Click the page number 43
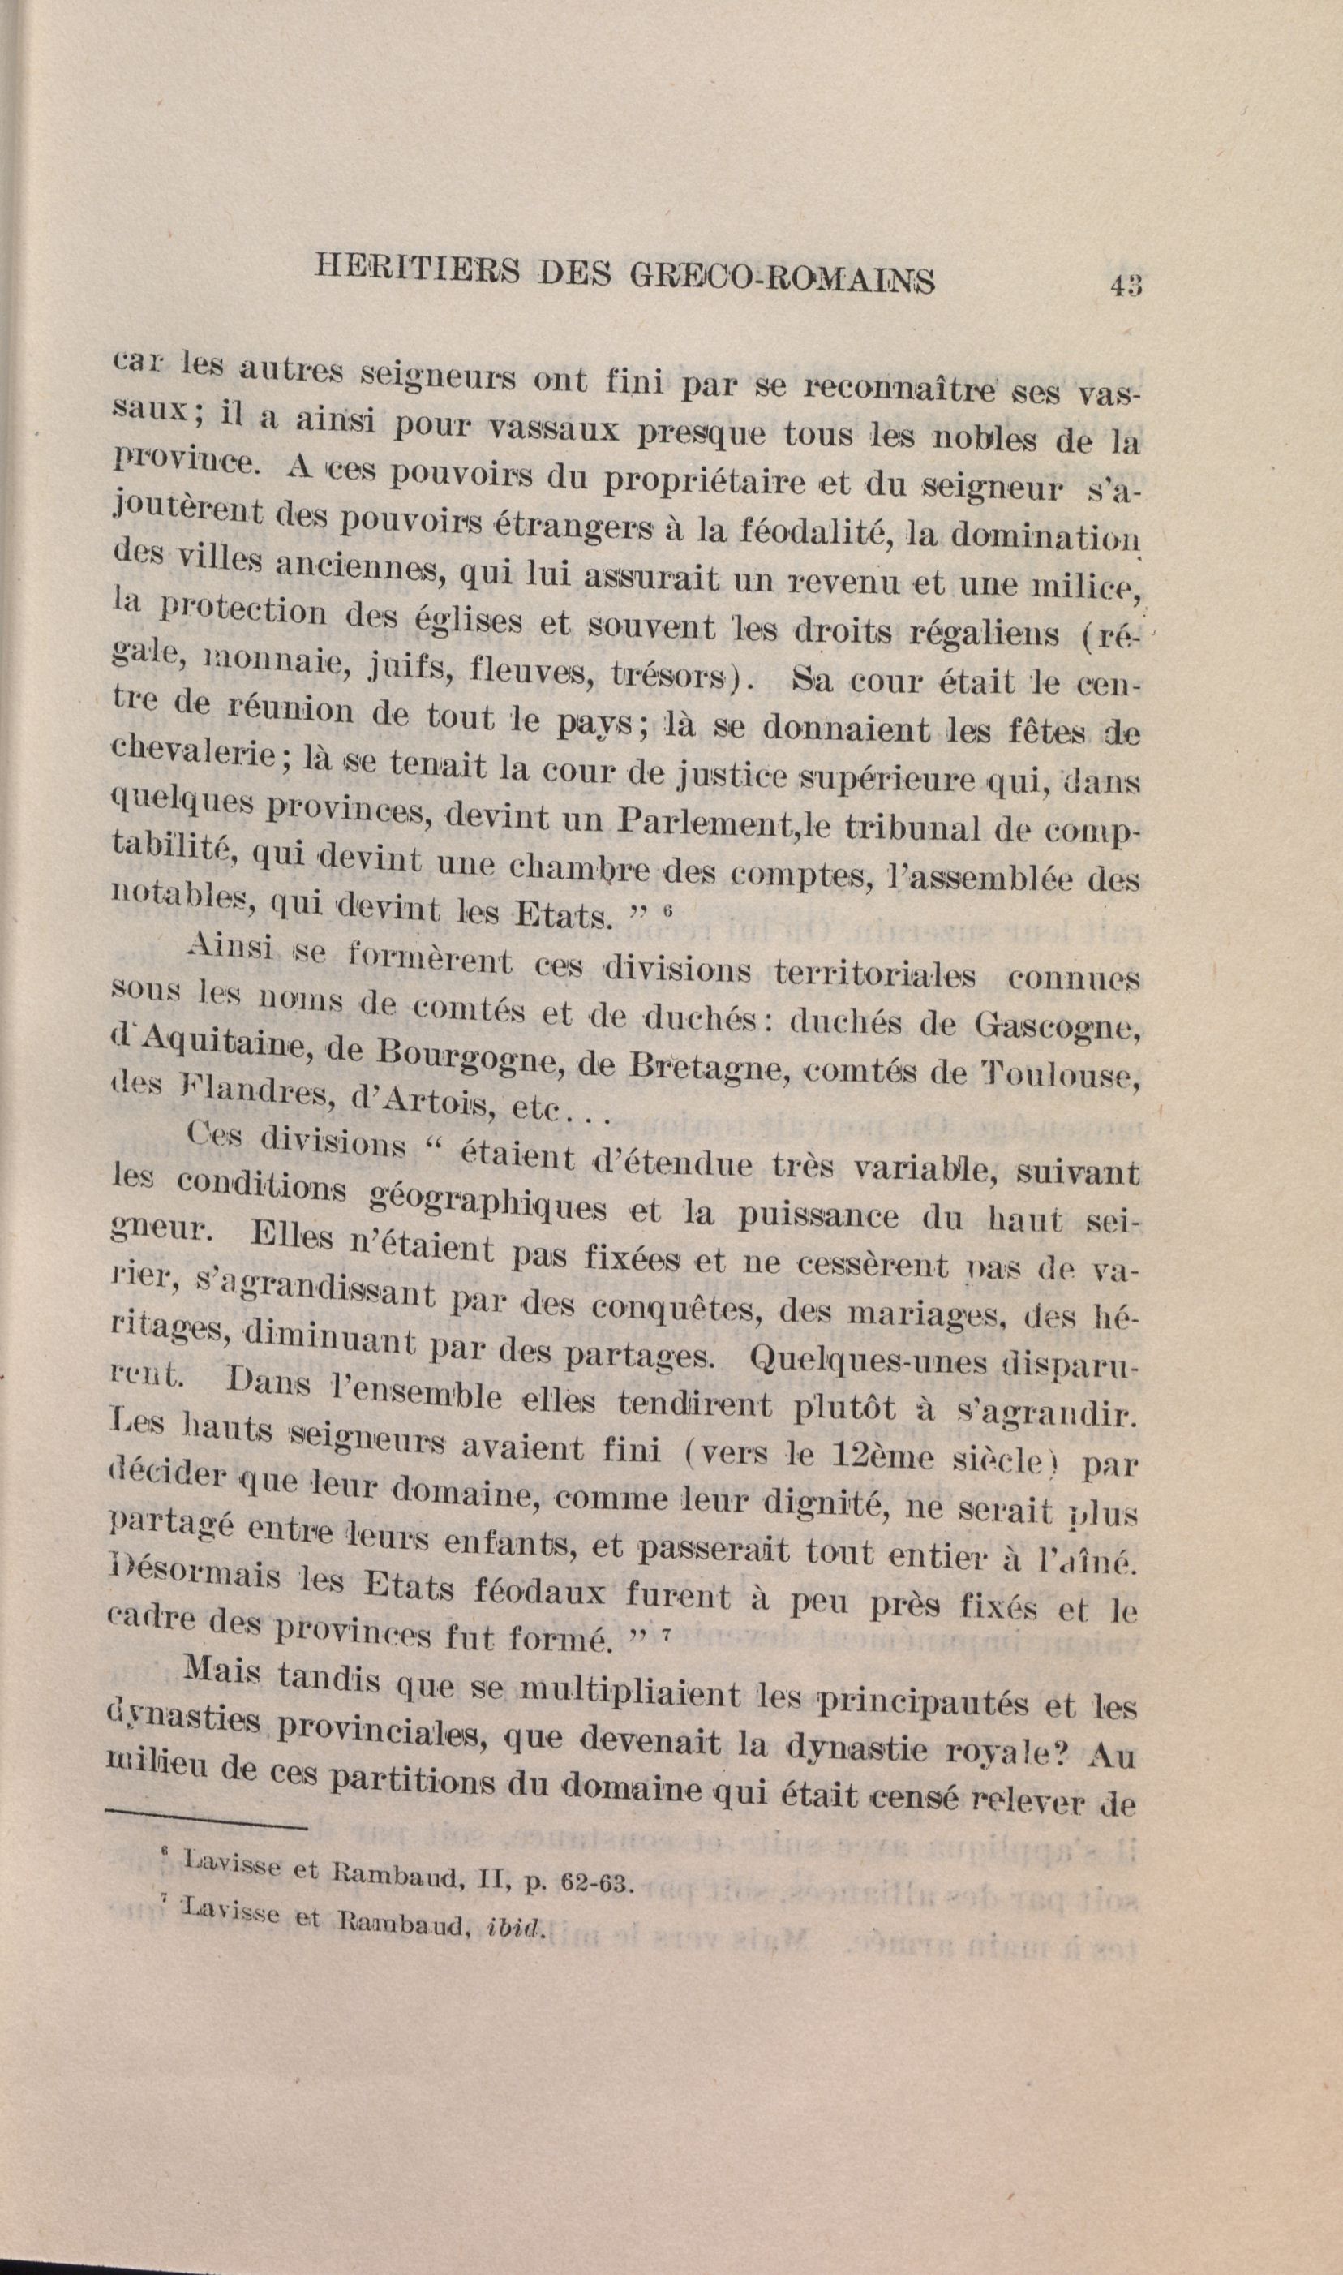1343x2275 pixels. point(1125,283)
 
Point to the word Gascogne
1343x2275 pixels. point(1055,1026)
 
